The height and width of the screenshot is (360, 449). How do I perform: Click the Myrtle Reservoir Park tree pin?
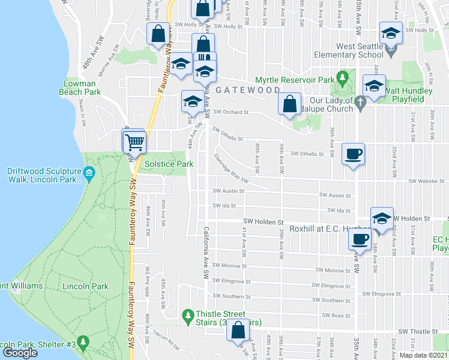click(343, 78)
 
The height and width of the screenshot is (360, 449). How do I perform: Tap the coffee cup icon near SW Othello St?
click(354, 154)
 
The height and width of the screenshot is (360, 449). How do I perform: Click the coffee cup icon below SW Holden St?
click(361, 239)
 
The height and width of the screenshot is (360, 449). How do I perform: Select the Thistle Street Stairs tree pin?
click(188, 315)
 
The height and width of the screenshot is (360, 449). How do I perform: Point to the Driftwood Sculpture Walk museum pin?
click(89, 175)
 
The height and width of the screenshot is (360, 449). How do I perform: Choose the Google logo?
click(20, 353)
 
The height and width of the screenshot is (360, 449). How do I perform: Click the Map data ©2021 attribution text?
click(423, 355)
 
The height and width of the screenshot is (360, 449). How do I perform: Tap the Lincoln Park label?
click(87, 286)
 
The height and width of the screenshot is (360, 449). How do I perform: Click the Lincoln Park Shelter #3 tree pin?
click(83, 344)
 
